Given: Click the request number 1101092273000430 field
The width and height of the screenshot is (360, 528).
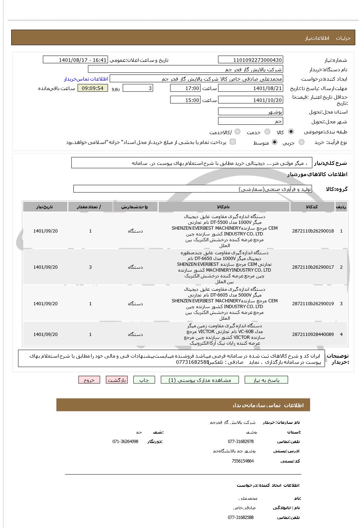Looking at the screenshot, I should pyautogui.click(x=250, y=60).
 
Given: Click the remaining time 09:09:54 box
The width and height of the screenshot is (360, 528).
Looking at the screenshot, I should pyautogui.click(x=93, y=88).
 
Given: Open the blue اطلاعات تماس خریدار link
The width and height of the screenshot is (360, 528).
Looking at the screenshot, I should pyautogui.click(x=86, y=79).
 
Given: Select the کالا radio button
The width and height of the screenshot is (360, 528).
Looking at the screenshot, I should pyautogui.click(x=291, y=132).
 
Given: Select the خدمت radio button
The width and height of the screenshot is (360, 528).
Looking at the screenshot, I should pyautogui.click(x=267, y=132).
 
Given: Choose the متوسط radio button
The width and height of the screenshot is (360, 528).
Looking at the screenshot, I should pyautogui.click(x=275, y=142).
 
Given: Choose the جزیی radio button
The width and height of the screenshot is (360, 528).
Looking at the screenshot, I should pyautogui.click(x=301, y=142).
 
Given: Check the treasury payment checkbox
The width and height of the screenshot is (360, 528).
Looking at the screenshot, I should pyautogui.click(x=233, y=142).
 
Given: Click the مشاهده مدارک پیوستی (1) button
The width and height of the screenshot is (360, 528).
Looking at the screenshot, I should pyautogui.click(x=200, y=380).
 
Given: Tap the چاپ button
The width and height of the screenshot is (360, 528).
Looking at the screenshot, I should pyautogui.click(x=144, y=380).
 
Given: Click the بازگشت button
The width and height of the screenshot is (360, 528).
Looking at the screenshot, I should pyautogui.click(x=117, y=380).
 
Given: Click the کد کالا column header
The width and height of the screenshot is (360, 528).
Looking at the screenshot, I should pyautogui.click(x=312, y=207).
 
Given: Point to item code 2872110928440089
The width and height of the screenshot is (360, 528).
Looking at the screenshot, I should pyautogui.click(x=313, y=335).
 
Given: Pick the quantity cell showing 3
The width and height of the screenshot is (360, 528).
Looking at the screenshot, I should pyautogui.click(x=90, y=267).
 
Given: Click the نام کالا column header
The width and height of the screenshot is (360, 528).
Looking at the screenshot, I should pyautogui.click(x=224, y=207).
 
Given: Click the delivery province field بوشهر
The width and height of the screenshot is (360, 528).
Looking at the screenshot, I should pyautogui.click(x=250, y=112).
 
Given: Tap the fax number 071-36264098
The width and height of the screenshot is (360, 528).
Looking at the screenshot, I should pyautogui.click(x=125, y=442).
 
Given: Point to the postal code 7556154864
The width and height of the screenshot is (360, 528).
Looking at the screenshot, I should pyautogui.click(x=243, y=461).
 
